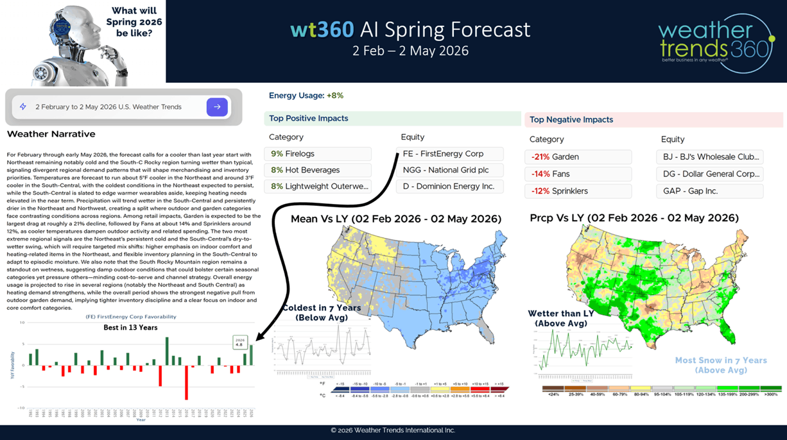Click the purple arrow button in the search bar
(x=217, y=107)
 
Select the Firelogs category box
(x=317, y=154)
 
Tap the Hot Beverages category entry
(x=317, y=170)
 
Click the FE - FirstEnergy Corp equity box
(x=449, y=154)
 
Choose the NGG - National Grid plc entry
(x=449, y=170)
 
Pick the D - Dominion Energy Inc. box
(x=449, y=187)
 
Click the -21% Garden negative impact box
(x=578, y=157)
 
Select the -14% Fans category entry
(x=578, y=174)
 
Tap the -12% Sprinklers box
(x=578, y=191)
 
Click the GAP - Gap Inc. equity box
(x=709, y=191)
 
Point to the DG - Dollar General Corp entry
(x=709, y=174)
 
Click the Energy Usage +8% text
(x=306, y=96)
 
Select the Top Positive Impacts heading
(x=309, y=119)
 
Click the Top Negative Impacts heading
(x=571, y=120)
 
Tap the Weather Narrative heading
(x=51, y=134)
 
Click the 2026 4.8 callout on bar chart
(x=240, y=343)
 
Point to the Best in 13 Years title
(x=130, y=327)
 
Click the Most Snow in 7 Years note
(x=721, y=365)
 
